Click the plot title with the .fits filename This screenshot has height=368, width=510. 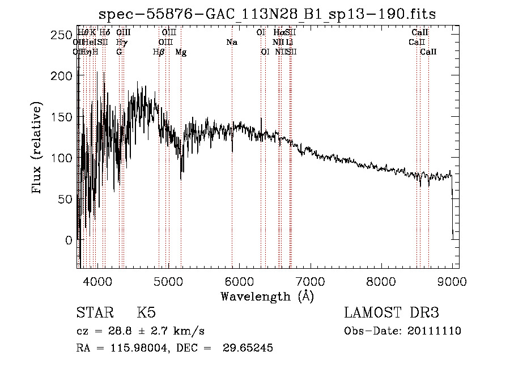click(267, 14)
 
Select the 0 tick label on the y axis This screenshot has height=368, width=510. click(68, 240)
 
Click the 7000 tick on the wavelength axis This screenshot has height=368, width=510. click(309, 281)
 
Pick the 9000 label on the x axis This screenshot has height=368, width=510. click(451, 281)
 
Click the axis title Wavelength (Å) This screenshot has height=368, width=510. click(267, 296)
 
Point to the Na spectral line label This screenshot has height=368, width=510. click(231, 42)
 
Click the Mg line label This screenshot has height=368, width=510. click(181, 52)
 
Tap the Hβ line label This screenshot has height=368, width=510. click(159, 52)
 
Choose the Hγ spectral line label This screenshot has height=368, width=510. click(120, 42)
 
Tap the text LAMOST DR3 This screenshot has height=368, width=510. click(392, 313)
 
